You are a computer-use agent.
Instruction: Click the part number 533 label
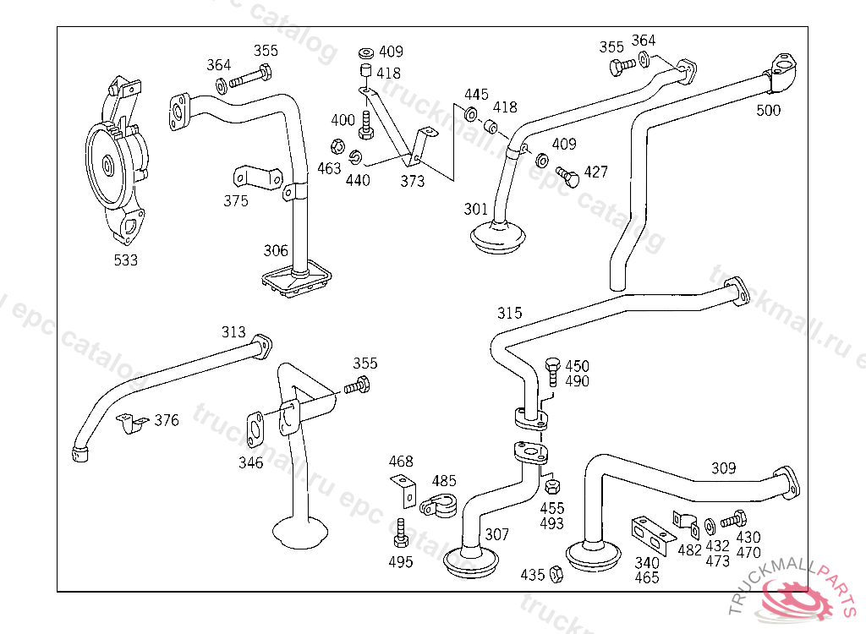(x=125, y=260)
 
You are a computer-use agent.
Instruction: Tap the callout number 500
(x=769, y=110)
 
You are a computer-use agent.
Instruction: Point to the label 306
(x=276, y=250)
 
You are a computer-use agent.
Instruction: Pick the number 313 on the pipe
(x=233, y=331)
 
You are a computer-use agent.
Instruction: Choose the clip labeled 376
(x=130, y=423)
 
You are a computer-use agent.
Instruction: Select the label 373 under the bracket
(x=413, y=181)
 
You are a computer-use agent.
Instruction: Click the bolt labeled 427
(x=567, y=177)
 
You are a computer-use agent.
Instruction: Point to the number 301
(x=476, y=209)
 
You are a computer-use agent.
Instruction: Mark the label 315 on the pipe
(x=510, y=313)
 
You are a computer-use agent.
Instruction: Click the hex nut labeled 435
(x=556, y=574)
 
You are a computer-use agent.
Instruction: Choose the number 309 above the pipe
(x=723, y=468)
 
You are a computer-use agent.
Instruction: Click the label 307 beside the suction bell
(x=497, y=535)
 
